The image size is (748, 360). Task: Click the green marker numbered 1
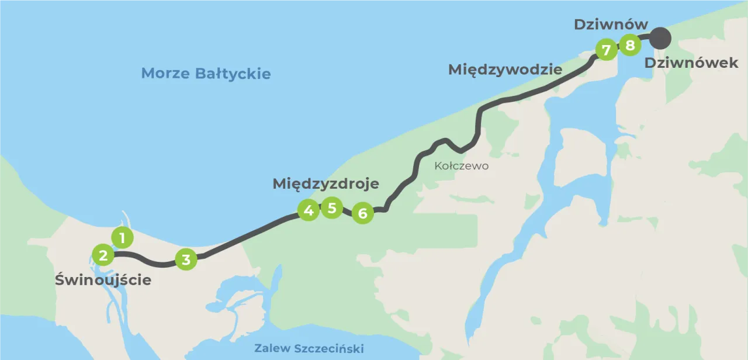click(x=122, y=238)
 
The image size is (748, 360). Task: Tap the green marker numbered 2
click(x=103, y=255)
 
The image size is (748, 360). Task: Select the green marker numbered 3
click(x=186, y=259)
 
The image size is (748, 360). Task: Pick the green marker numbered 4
click(x=308, y=210)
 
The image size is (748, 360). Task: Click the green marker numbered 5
click(x=332, y=207)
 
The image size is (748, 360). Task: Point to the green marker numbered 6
click(x=362, y=213)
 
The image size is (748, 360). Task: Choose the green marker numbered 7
click(x=606, y=50)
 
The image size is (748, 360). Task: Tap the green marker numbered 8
click(x=630, y=44)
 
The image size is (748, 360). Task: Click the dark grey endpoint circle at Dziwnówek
click(x=660, y=39)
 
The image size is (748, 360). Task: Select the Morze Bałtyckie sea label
click(x=206, y=74)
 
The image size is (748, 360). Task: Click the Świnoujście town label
click(x=103, y=280)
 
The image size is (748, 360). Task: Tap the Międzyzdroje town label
click(x=325, y=184)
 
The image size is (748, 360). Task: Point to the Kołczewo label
click(x=461, y=166)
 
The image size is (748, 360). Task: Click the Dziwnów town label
click(x=611, y=25)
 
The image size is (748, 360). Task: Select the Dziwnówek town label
click(x=691, y=63)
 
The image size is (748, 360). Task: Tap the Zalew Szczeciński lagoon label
click(x=309, y=349)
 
